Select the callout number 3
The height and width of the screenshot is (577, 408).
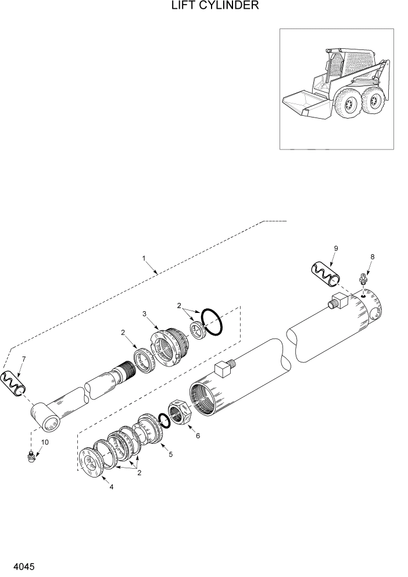pos(145,314)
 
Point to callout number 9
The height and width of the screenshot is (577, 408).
pos(336,248)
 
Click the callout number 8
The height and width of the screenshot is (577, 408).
pos(373,257)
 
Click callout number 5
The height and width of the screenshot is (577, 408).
pos(170,453)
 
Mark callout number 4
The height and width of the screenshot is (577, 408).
pos(111,487)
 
